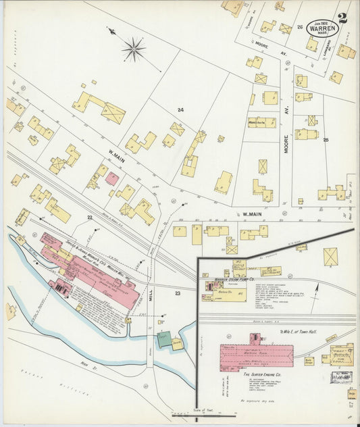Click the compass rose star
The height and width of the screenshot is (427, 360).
(x=134, y=48)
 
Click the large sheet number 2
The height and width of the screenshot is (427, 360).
(x=342, y=18)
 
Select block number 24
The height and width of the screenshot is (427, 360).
(x=180, y=109)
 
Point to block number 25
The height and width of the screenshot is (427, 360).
(x=326, y=140)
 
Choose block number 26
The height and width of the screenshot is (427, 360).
(x=299, y=28)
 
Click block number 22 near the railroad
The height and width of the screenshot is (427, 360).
(x=89, y=217)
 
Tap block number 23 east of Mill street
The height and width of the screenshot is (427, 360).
(x=178, y=293)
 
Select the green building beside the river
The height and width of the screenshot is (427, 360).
(x=164, y=339)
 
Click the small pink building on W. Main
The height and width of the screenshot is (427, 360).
(x=112, y=179)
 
